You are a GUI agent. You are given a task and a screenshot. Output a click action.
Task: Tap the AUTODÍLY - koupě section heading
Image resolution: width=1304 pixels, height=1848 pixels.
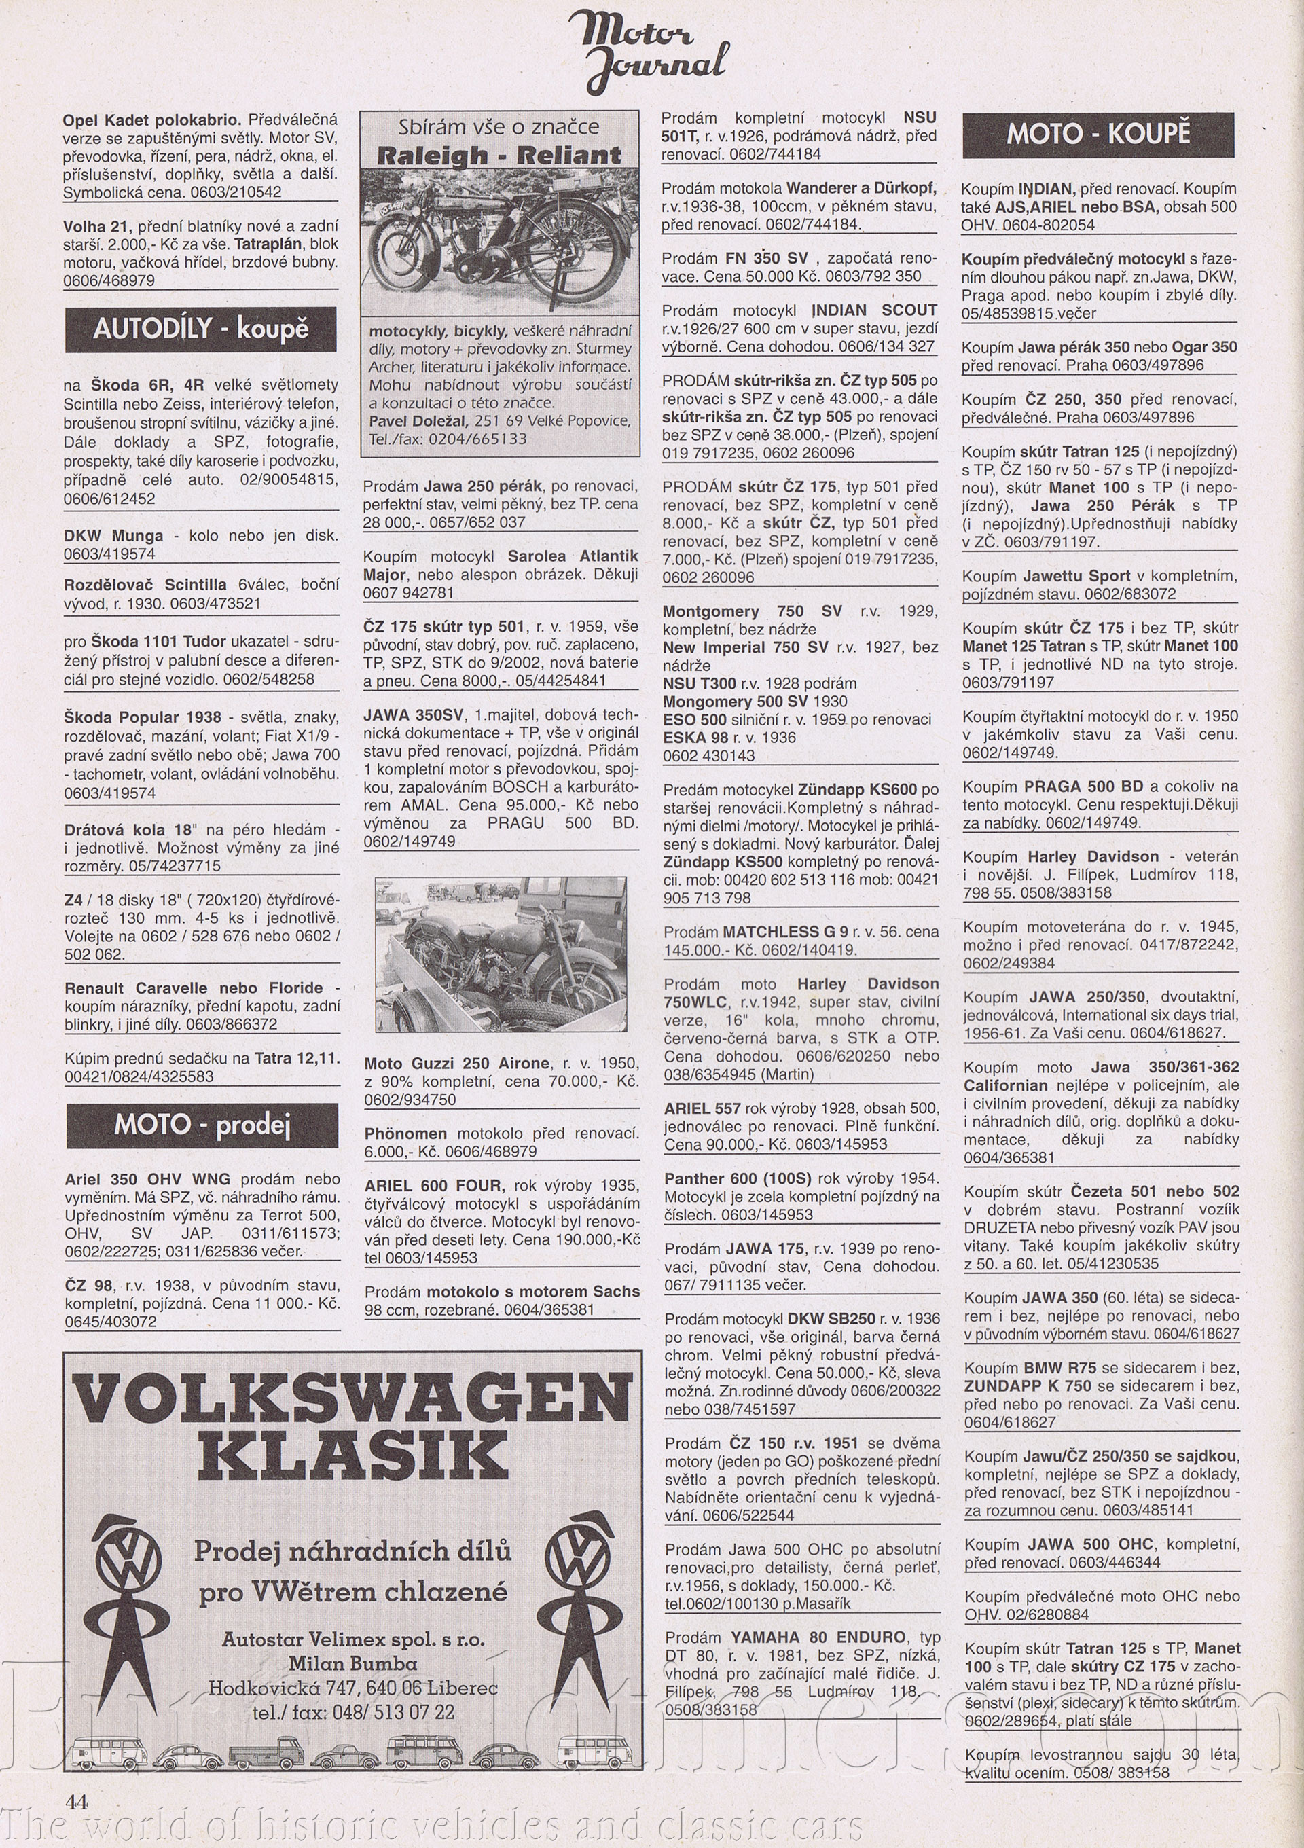200,329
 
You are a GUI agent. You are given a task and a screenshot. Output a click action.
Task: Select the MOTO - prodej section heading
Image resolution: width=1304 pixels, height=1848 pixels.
202,1125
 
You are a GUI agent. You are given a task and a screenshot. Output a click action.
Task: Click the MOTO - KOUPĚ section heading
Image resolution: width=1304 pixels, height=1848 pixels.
1098,134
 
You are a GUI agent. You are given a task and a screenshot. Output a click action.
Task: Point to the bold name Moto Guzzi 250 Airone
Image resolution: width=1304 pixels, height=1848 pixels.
456,1064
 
